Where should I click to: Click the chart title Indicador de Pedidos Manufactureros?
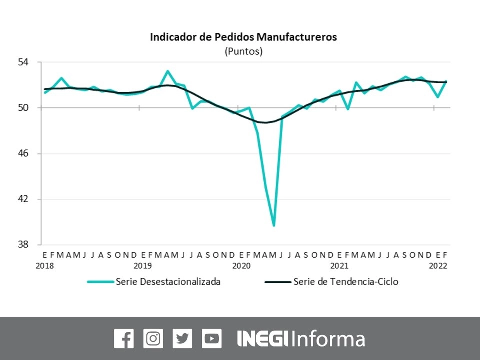coord(243,37)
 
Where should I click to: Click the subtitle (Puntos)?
coord(243,51)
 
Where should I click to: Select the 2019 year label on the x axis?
coord(143,266)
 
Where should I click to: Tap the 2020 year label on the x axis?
coord(241,266)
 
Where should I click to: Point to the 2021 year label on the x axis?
coord(340,266)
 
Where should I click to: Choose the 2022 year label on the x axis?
coord(438,266)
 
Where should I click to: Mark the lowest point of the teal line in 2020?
coord(274,226)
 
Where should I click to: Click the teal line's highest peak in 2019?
coord(167,71)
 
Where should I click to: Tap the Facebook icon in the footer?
coord(124,339)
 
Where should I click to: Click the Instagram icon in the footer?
coord(153,339)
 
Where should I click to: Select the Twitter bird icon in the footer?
coord(182,339)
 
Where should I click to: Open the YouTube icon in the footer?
coord(212,339)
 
